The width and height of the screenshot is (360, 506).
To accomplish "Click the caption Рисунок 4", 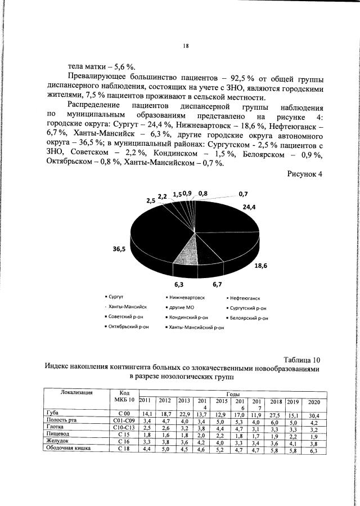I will coord(304,174).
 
